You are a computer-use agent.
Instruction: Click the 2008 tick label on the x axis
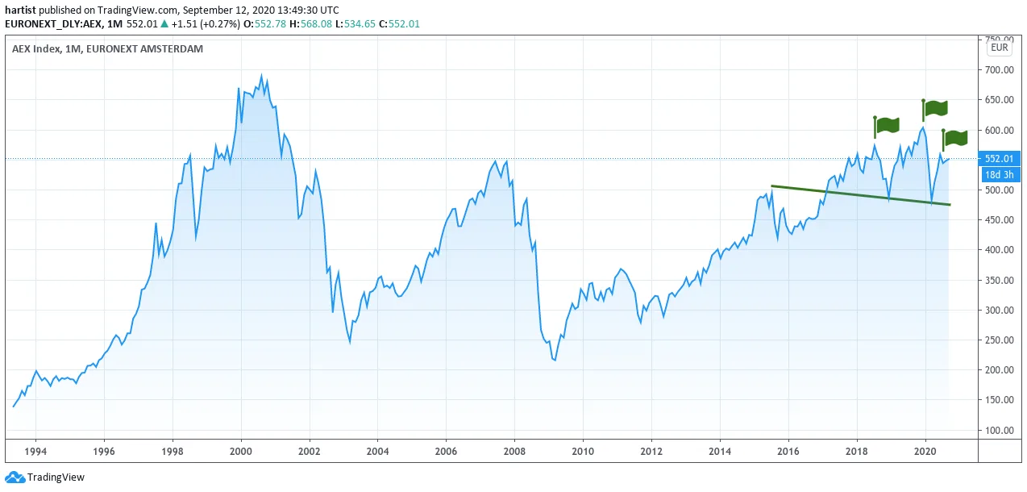(514, 451)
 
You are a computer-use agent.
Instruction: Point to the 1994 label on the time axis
(35, 451)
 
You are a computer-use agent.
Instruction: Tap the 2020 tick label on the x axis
(925, 451)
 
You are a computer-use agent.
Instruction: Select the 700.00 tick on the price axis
(999, 69)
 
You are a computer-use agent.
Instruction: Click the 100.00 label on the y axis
(999, 430)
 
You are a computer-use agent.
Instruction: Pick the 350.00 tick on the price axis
(999, 280)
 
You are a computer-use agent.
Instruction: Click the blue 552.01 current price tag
(1000, 159)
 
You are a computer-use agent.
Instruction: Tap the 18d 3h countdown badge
(1000, 175)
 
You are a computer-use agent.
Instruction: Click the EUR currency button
(1000, 48)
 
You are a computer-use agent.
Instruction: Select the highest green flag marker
(935, 109)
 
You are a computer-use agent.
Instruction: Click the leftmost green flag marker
(886, 126)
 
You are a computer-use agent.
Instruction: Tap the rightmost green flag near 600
(955, 139)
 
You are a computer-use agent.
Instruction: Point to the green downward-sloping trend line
(861, 195)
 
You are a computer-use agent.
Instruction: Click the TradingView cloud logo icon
(15, 477)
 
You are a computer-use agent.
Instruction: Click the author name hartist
(20, 10)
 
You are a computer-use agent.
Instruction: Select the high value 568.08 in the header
(316, 24)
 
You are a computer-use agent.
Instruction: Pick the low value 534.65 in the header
(360, 24)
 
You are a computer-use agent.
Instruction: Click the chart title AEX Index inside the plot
(36, 48)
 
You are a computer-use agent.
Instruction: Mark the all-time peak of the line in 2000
(262, 75)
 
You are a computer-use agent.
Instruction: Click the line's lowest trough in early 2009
(555, 361)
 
